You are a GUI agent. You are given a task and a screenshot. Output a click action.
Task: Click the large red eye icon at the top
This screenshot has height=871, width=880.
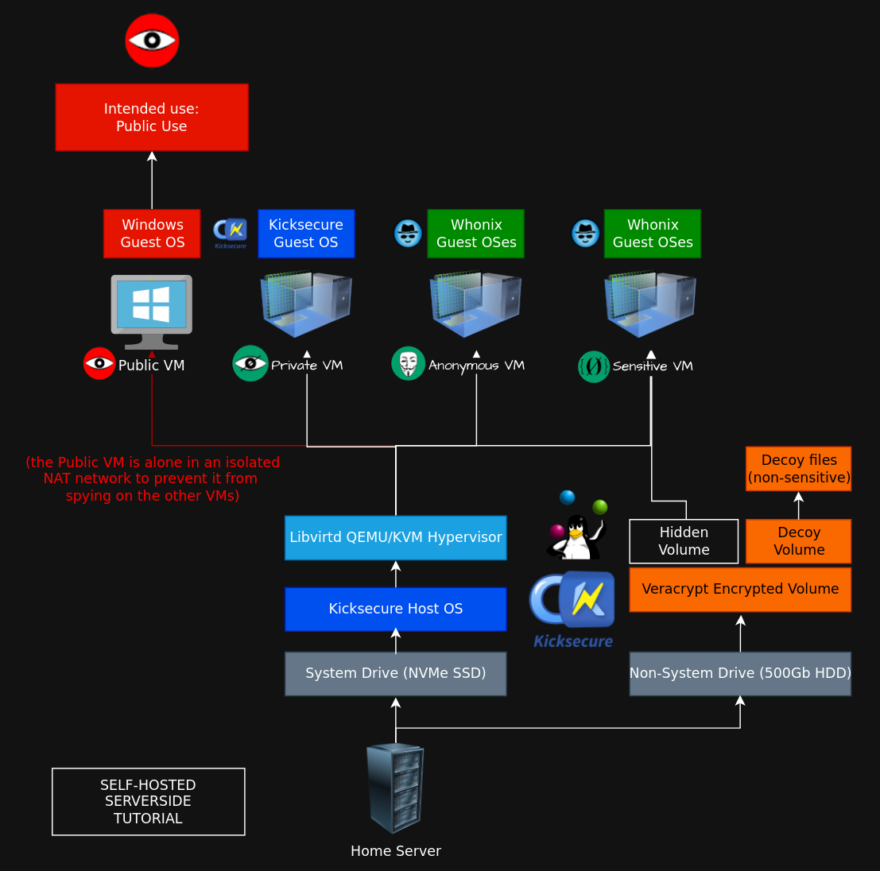click(x=152, y=41)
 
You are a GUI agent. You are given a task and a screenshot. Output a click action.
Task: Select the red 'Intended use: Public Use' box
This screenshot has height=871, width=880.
click(x=152, y=118)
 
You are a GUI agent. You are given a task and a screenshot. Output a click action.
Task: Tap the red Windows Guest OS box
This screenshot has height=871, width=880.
click(x=152, y=234)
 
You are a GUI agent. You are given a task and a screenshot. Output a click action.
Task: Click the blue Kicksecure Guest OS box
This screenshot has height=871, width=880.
click(x=306, y=234)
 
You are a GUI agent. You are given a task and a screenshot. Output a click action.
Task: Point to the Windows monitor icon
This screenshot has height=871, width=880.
click(x=152, y=312)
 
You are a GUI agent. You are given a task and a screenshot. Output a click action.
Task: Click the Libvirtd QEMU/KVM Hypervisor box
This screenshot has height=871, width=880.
click(x=396, y=538)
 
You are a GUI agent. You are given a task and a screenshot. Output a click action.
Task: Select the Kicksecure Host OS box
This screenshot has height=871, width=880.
click(x=396, y=609)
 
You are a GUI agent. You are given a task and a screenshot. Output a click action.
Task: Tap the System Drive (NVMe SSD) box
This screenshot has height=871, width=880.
click(x=396, y=673)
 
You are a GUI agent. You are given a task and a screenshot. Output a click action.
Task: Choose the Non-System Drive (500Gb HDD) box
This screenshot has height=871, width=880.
click(x=740, y=673)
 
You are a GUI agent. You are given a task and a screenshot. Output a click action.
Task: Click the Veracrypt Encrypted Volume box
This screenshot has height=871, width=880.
click(x=740, y=589)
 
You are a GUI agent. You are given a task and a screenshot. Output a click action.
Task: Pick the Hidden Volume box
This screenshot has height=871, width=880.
click(x=684, y=541)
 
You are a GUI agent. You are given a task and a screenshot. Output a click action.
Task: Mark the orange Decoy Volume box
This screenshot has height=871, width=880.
click(x=799, y=541)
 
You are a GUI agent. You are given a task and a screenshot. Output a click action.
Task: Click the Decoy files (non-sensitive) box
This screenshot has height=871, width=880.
click(x=799, y=469)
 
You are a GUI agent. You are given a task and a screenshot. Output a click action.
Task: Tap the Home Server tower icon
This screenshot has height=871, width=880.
click(x=395, y=788)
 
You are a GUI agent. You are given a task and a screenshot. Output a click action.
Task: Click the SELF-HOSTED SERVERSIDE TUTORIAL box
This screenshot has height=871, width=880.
click(x=149, y=801)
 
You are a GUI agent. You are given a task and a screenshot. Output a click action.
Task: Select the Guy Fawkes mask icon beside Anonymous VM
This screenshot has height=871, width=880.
click(x=408, y=364)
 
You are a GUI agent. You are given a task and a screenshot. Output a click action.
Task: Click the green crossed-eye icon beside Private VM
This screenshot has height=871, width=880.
click(x=250, y=363)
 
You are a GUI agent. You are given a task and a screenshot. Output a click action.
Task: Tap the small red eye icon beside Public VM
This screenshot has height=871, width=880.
click(x=99, y=363)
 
